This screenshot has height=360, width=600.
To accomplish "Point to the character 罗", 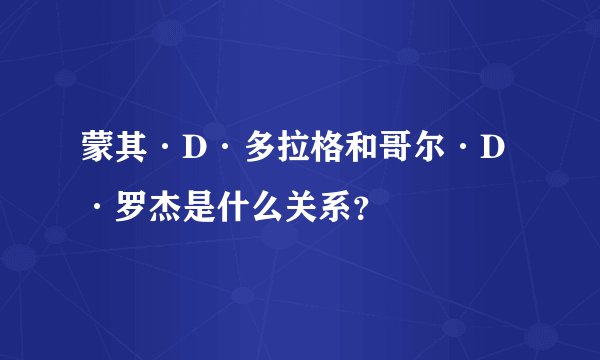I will point(122,208).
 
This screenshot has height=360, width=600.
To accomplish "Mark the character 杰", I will point(156,208).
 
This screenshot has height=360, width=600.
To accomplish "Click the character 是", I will point(190,208).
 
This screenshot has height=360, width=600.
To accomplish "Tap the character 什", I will point(224,208).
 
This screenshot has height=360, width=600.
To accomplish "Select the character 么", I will point(258,208).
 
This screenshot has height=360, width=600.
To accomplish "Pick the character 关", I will point(292,208).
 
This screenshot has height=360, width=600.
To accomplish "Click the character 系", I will point(326,208).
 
